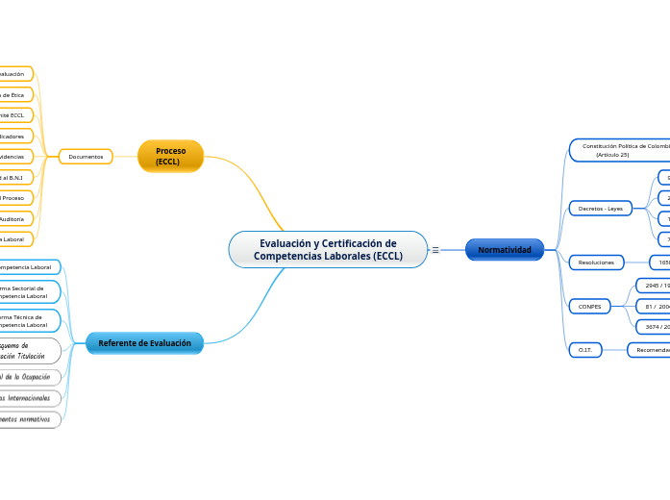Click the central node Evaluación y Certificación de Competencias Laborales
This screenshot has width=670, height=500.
pyautogui.click(x=327, y=249)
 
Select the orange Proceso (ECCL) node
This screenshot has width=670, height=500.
pyautogui.click(x=171, y=156)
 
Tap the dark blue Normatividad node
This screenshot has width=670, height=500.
pyautogui.click(x=505, y=250)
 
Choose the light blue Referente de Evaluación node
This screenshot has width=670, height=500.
pyautogui.click(x=144, y=343)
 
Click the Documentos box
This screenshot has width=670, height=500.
pyautogui.click(x=86, y=156)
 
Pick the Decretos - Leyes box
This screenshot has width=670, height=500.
pyautogui.click(x=601, y=208)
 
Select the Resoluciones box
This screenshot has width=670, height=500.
pyautogui.click(x=597, y=262)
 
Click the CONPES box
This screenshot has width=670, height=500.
pyautogui.click(x=590, y=306)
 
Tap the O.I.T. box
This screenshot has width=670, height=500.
pyautogui.click(x=584, y=350)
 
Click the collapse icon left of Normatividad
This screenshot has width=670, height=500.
pyautogui.click(x=435, y=250)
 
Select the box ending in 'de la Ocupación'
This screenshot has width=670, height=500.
pyautogui.click(x=29, y=377)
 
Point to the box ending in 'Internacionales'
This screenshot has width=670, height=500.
pyautogui.click(x=29, y=397)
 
